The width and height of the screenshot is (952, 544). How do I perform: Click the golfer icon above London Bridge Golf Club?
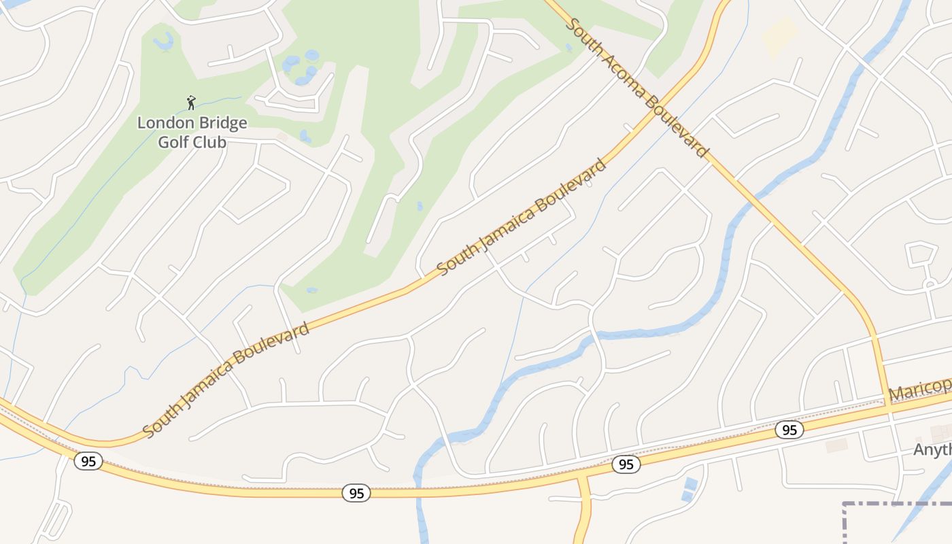tap(191, 103)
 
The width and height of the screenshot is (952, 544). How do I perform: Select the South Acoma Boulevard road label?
tap(637, 87)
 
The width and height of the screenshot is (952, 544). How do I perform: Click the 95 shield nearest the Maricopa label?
tap(789, 430)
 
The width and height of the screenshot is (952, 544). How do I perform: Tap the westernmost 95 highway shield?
tap(88, 461)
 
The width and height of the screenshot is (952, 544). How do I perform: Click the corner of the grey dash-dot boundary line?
tap(845, 505)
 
